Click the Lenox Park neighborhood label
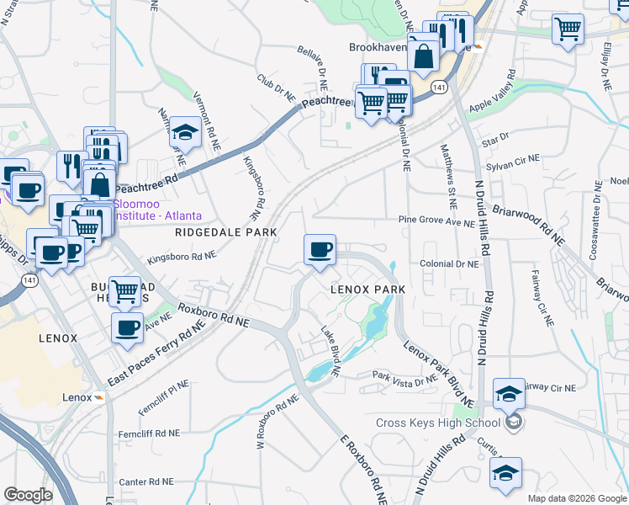click(x=367, y=289)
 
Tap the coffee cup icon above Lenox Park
click(x=320, y=250)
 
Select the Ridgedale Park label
click(x=214, y=231)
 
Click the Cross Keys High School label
click(x=437, y=423)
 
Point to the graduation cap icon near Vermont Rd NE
click(x=184, y=133)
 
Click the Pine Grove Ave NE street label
click(x=436, y=223)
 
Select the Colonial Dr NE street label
click(x=450, y=263)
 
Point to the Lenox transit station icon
click(x=100, y=397)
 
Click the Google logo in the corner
click(x=28, y=495)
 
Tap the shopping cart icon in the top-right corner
click(x=568, y=30)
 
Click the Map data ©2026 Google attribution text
click(x=576, y=497)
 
